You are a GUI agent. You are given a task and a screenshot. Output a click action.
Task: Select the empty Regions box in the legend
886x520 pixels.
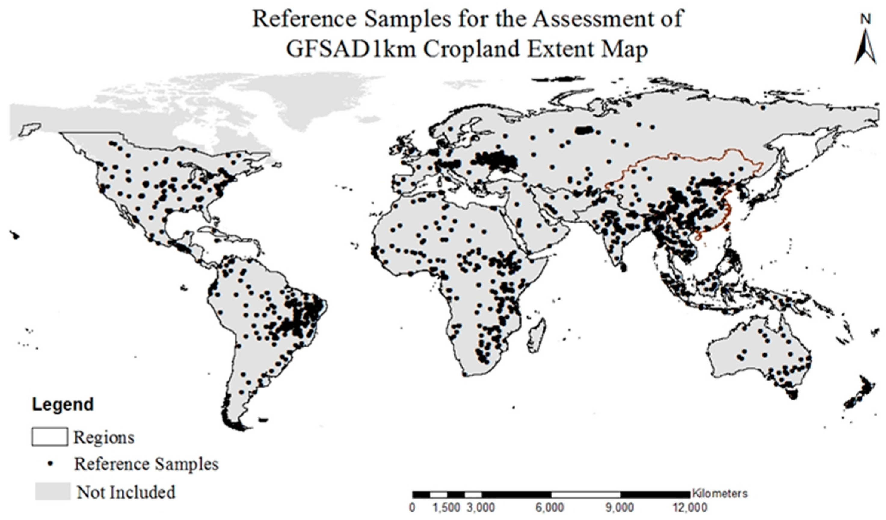[50, 437]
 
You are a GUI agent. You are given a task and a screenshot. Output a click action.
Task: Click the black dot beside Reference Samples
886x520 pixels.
[50, 464]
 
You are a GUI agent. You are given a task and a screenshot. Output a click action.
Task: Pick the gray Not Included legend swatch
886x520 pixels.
[53, 491]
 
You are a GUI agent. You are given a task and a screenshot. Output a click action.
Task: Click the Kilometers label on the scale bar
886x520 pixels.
[719, 493]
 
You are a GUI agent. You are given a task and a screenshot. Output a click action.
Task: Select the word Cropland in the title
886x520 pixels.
[471, 49]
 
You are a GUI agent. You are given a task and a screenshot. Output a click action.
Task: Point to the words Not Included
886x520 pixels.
[126, 492]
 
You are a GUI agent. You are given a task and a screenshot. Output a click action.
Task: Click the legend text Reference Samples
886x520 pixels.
[146, 464]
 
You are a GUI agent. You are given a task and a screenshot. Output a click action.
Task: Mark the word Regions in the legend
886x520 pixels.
[104, 437]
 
